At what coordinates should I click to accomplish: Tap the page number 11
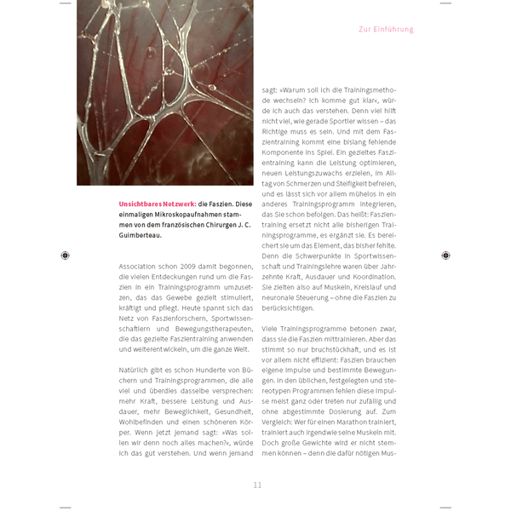coord(257,485)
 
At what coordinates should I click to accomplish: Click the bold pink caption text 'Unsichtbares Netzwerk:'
coord(158,204)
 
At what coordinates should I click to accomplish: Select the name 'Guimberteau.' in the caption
coord(141,234)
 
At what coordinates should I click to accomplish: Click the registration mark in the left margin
coord(66,255)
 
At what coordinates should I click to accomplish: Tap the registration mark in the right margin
coord(445,255)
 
